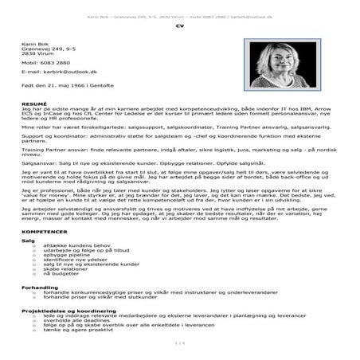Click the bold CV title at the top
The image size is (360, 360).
tap(179, 26)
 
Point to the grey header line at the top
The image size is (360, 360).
tap(179, 14)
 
